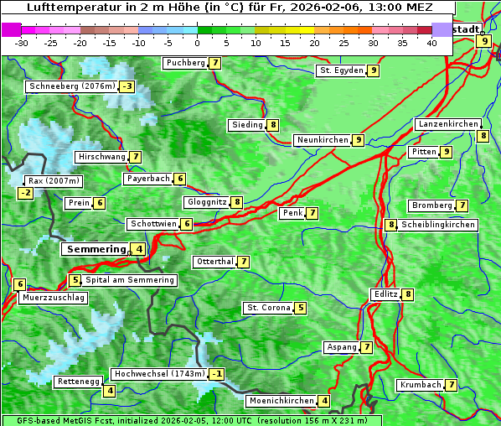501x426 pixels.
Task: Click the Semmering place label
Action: tap(95, 249)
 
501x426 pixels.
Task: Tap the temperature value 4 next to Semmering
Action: tap(138, 249)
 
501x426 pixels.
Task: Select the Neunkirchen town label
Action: tap(322, 140)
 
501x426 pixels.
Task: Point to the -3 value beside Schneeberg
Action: tap(127, 86)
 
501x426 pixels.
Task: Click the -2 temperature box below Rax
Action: tap(26, 193)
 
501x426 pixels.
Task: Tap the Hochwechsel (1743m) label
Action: tap(158, 373)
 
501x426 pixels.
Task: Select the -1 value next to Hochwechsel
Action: tap(217, 373)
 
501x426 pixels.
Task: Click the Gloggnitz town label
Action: tap(205, 202)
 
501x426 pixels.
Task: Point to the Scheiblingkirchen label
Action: tap(438, 225)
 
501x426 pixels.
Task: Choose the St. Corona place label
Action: tap(268, 308)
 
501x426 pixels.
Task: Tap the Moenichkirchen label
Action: tap(281, 401)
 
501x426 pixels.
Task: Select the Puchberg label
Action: tap(184, 63)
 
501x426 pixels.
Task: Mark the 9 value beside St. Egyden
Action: tap(374, 70)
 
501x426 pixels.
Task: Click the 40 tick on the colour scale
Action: tap(431, 43)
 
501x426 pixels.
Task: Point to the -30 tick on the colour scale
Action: tap(21, 43)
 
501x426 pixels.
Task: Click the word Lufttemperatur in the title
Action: tap(75, 8)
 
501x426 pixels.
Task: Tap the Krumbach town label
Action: tap(420, 385)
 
